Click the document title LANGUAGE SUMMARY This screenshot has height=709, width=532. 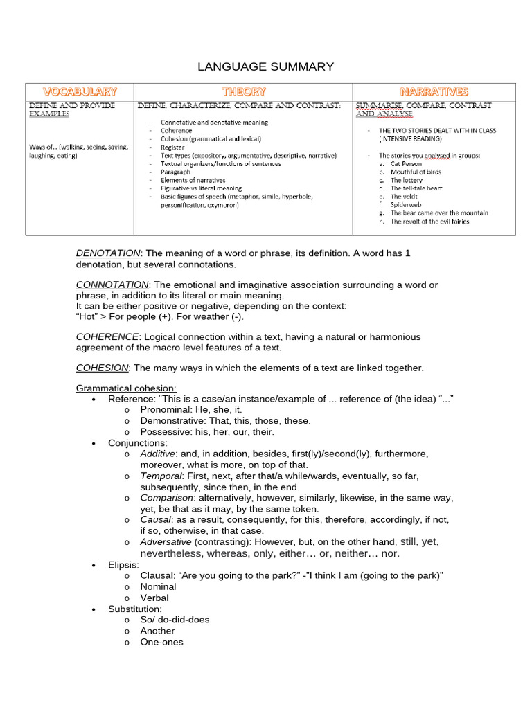click(x=266, y=67)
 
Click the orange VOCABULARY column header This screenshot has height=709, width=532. click(x=80, y=91)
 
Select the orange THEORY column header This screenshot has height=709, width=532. click(x=243, y=91)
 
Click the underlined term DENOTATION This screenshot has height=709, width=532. click(x=108, y=253)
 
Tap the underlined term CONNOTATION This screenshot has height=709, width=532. click(x=112, y=285)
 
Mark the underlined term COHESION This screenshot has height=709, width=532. click(x=103, y=368)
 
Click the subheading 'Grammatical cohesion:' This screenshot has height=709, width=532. click(x=126, y=388)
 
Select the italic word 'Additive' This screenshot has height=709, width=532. click(x=157, y=454)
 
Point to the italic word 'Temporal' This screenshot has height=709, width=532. click(x=160, y=476)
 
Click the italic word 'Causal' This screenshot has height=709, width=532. click(x=154, y=519)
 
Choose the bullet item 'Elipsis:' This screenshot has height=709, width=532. click(x=123, y=565)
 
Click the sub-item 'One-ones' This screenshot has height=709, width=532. click(x=161, y=642)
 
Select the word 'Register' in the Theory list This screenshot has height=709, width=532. click(x=172, y=147)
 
